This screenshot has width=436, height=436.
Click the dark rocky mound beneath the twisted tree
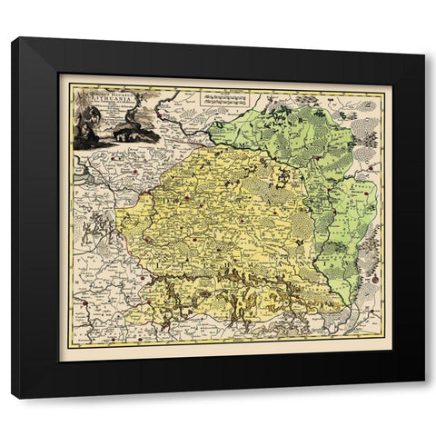(x=136, y=136)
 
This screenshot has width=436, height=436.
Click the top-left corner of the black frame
(x=14, y=39)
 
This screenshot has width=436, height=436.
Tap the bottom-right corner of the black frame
(x=423, y=397)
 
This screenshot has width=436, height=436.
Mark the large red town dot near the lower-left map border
(x=84, y=304)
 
